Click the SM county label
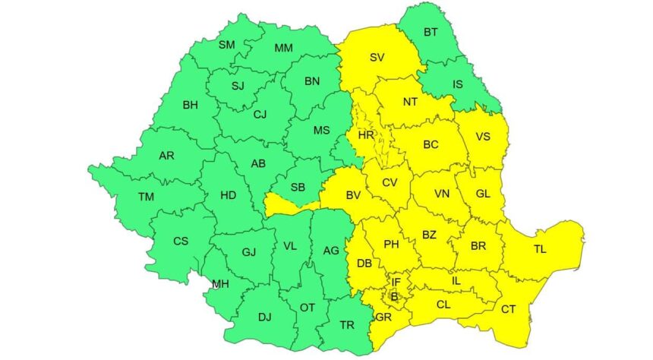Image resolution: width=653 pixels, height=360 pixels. coord(227,45)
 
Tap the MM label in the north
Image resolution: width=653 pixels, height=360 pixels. coord(284,49)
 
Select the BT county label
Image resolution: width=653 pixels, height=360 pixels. coord(431,33)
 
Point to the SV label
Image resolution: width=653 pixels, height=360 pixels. coord(377,57)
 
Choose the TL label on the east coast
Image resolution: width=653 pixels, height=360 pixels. coord(540,249)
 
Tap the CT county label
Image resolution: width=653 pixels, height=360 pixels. coord(508,309)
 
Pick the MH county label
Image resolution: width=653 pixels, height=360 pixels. coord(220,285)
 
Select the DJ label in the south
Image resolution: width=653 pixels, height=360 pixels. coord(264,317)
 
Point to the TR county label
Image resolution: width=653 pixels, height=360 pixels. coord(347,325)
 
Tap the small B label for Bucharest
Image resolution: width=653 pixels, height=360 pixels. coord(395,295)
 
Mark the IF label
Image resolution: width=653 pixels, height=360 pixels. coord(396,282)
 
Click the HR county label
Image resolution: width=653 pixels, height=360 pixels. coord(367,135)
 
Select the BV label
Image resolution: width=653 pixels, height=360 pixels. coord(353,196)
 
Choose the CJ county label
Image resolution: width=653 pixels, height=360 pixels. coord(260,115)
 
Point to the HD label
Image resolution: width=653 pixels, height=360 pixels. coord(228,195)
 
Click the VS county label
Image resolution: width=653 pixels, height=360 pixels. coord(483,137)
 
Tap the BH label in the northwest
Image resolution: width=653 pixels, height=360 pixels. coord(191,105)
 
